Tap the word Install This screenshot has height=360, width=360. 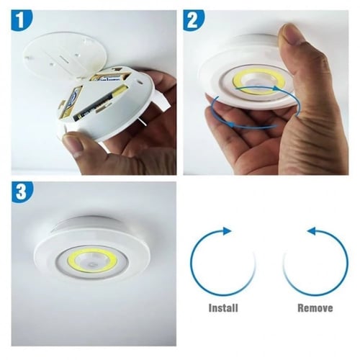[x=223, y=307]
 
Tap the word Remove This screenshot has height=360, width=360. [x=315, y=307]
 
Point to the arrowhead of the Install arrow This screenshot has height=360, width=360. [x=228, y=231]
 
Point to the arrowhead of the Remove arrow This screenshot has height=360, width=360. [x=311, y=231]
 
